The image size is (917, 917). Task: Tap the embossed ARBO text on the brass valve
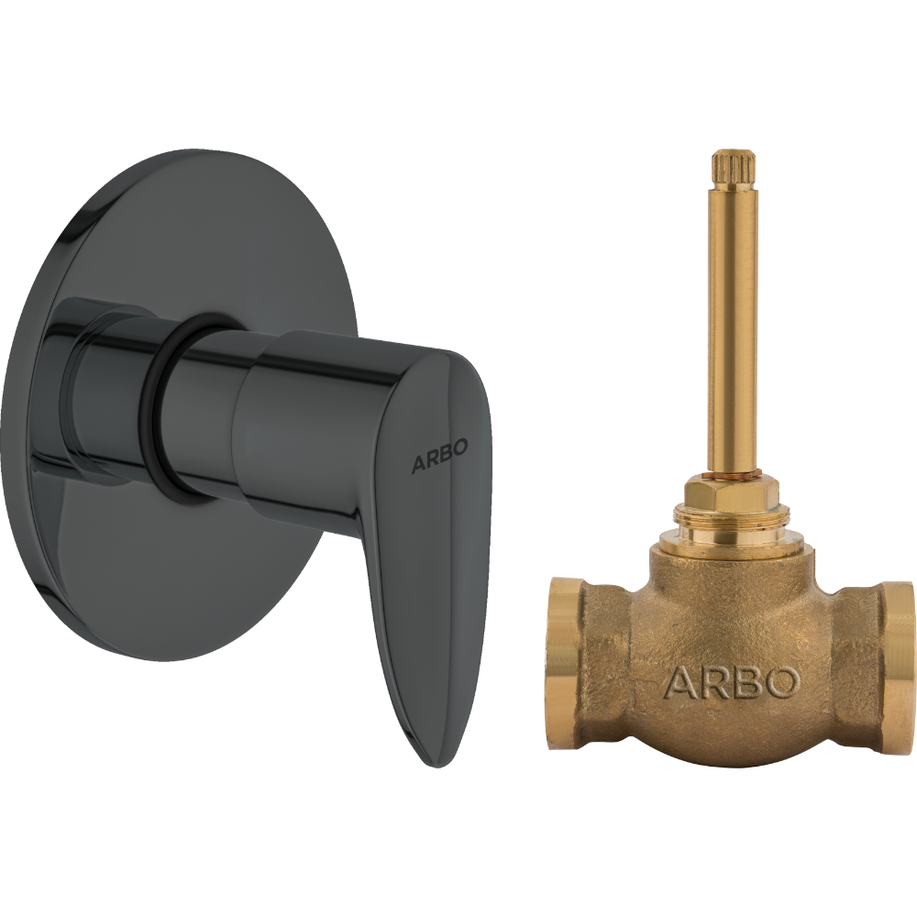[731, 682]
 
